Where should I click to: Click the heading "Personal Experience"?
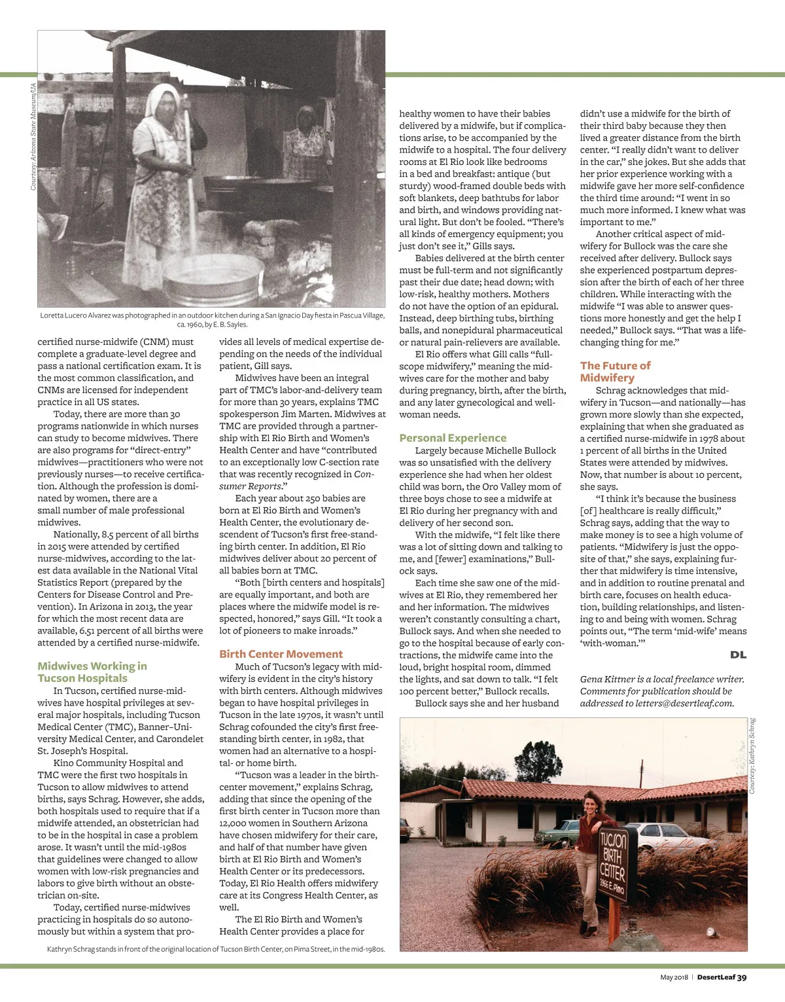point(453,438)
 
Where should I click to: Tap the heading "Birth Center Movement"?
point(281,654)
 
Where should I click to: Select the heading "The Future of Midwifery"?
point(615,372)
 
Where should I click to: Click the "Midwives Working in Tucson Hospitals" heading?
point(92,672)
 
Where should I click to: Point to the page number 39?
point(741,977)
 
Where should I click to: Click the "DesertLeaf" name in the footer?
point(715,977)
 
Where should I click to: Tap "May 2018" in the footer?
point(674,977)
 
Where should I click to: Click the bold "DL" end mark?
point(738,654)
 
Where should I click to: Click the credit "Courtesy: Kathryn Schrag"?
point(752,756)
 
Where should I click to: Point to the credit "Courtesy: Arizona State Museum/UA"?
point(33,137)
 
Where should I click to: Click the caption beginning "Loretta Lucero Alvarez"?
point(212,319)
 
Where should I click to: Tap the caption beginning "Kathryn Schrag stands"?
point(216,949)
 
